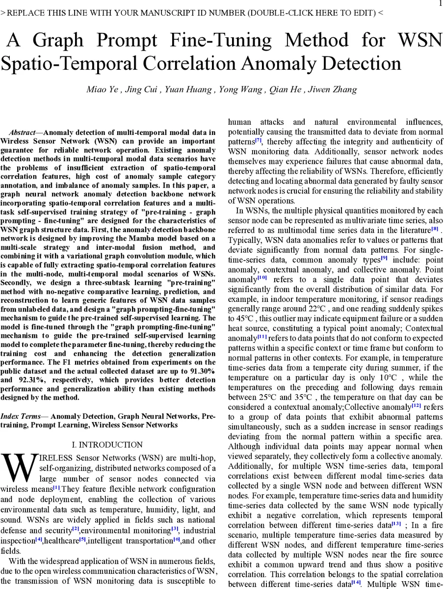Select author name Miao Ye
tap(102, 89)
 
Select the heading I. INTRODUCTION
tap(107, 445)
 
